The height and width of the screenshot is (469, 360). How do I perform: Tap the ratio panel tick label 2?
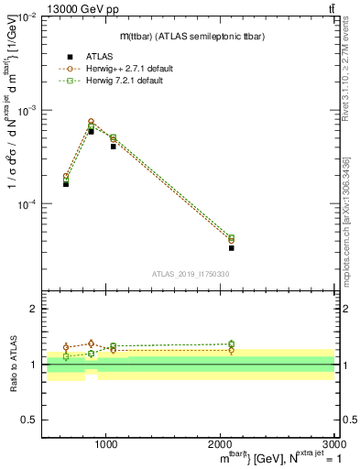coord(34,310)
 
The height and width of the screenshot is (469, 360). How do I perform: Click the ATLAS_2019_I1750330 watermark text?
coord(190,273)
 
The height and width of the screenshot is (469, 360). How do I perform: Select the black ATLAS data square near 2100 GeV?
coord(231,247)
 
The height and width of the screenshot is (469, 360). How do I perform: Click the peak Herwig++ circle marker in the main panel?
coord(91,121)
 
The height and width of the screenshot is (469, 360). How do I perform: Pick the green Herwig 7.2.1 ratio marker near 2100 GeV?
coord(231,344)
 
